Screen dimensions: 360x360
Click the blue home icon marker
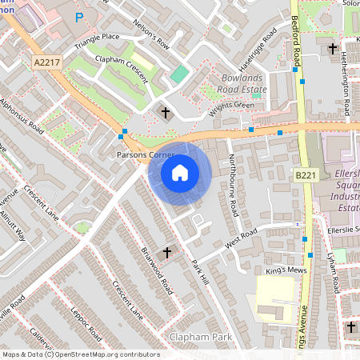click(180, 172)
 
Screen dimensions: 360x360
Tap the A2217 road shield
click(46, 61)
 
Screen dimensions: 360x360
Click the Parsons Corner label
click(140, 154)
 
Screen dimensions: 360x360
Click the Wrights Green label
click(231, 109)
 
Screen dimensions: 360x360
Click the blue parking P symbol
click(78, 16)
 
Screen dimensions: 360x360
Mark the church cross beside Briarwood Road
click(167, 253)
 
